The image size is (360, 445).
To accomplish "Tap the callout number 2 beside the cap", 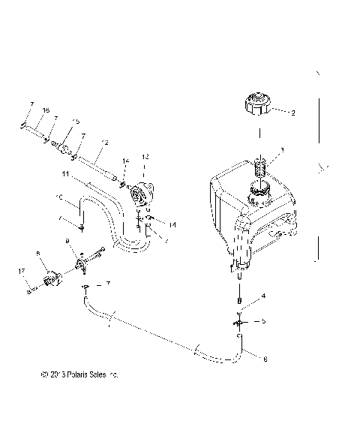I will (x=292, y=113).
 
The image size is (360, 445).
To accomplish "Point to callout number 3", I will (x=282, y=150).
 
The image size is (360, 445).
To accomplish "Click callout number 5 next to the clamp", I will (x=263, y=320).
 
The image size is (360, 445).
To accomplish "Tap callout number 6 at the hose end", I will (x=265, y=358).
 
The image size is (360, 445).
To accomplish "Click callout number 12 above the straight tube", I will (x=103, y=142).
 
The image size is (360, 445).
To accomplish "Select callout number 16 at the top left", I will (x=46, y=110).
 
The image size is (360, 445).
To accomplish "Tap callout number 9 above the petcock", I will (x=67, y=241).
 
